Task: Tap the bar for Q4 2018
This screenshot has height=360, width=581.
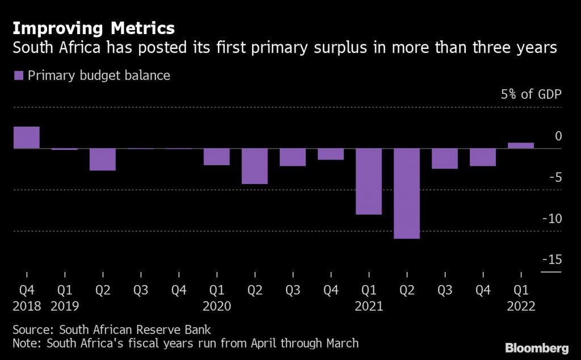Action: point(27,137)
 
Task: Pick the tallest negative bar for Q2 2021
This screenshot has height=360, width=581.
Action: point(407,193)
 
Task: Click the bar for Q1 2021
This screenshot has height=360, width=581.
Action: point(369,181)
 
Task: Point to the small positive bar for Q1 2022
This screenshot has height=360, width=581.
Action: point(521,145)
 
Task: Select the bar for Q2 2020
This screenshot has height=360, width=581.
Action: point(255,166)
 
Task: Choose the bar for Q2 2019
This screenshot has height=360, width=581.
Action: point(103,159)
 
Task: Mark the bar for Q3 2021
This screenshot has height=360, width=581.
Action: point(445,158)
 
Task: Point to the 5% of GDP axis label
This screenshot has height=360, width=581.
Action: point(531,94)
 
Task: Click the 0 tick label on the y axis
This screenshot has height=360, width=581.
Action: point(558,136)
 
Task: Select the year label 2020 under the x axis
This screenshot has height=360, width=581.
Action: point(217,307)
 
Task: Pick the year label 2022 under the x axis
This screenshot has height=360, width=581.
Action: point(521,307)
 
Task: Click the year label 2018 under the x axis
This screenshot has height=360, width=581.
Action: point(27,307)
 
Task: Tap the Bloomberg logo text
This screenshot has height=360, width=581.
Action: point(537,346)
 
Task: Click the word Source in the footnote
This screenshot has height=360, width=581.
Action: point(31,329)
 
